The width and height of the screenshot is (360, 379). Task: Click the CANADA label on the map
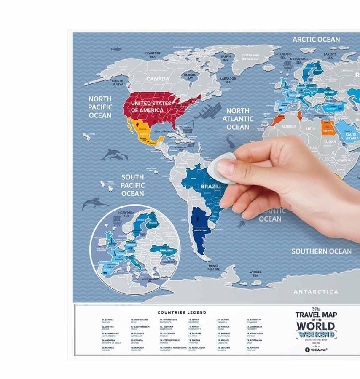pyautogui.click(x=158, y=79)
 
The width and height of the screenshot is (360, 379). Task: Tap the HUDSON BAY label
pyautogui.click(x=190, y=76)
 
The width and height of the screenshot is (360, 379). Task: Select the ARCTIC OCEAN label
pyautogui.click(x=316, y=40)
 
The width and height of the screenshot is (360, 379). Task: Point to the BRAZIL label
pyautogui.click(x=210, y=187)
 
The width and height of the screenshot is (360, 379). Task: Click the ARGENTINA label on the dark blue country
pyautogui.click(x=200, y=230)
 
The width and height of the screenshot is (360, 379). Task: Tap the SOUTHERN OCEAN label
pyautogui.click(x=321, y=251)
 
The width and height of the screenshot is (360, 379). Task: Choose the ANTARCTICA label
pyautogui.click(x=316, y=291)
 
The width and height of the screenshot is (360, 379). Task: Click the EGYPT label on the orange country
pyautogui.click(x=328, y=131)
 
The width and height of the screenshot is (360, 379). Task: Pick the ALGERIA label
pyautogui.click(x=289, y=126)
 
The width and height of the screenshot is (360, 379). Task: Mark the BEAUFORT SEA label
pyautogui.click(x=153, y=55)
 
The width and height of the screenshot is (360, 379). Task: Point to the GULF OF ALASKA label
pyautogui.click(x=118, y=82)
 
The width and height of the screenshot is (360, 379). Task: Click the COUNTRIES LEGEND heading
pyautogui.click(x=182, y=312)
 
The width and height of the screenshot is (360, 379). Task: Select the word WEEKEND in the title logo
pyautogui.click(x=321, y=335)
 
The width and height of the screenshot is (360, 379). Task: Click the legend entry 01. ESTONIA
pyautogui.click(x=107, y=321)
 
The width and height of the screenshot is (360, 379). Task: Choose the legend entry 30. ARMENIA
pyautogui.click(x=254, y=349)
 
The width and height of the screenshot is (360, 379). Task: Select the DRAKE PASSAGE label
pyautogui.click(x=214, y=268)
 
